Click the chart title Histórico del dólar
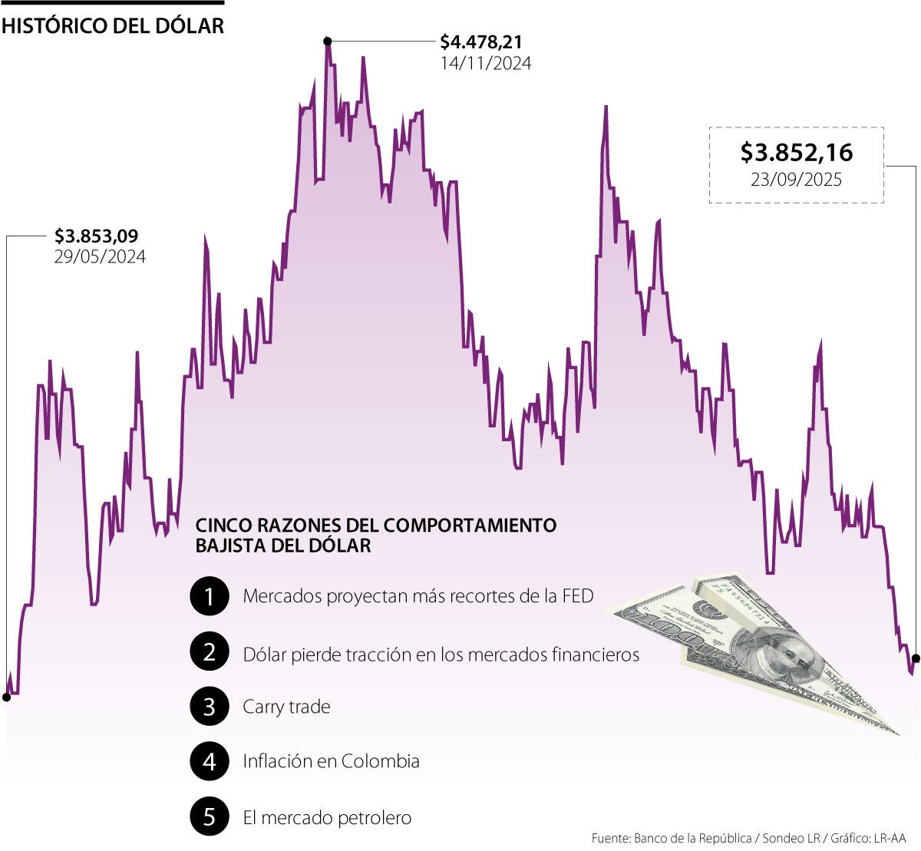(113, 25)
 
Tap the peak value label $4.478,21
(481, 42)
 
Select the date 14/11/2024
(485, 64)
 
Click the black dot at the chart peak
(328, 41)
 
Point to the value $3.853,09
(96, 236)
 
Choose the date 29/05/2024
(100, 257)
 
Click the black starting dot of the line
(6, 698)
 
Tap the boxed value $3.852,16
(796, 153)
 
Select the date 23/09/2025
(796, 180)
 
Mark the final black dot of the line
(916, 658)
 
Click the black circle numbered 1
(210, 596)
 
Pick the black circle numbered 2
(210, 651)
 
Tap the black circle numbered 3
(210, 707)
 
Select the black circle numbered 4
(210, 762)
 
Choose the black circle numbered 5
(210, 817)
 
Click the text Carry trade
(286, 707)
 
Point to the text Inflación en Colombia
(331, 762)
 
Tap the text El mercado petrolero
(327, 818)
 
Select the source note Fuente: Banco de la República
(672, 839)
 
